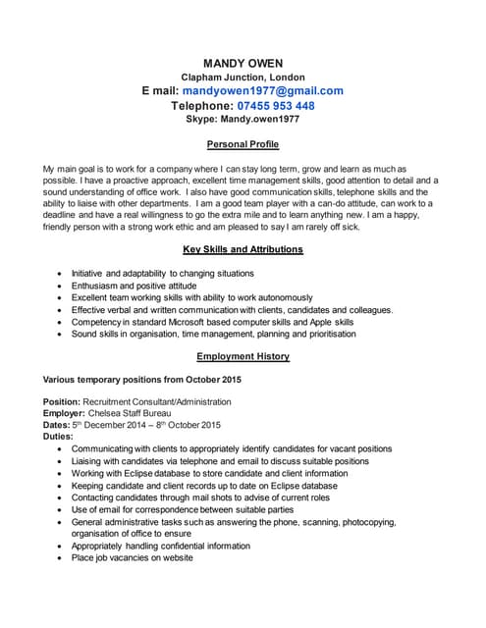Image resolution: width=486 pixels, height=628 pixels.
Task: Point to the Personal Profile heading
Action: [243, 145]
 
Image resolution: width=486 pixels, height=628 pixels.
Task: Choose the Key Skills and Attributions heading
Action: [243, 250]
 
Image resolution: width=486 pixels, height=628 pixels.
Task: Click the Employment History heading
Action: [243, 357]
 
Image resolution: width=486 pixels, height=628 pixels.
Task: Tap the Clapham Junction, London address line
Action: [243, 78]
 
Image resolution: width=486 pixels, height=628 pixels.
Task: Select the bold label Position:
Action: [62, 402]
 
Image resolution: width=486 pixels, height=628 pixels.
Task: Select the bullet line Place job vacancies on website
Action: [132, 558]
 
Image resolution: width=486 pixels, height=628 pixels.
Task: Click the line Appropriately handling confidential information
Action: [160, 547]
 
